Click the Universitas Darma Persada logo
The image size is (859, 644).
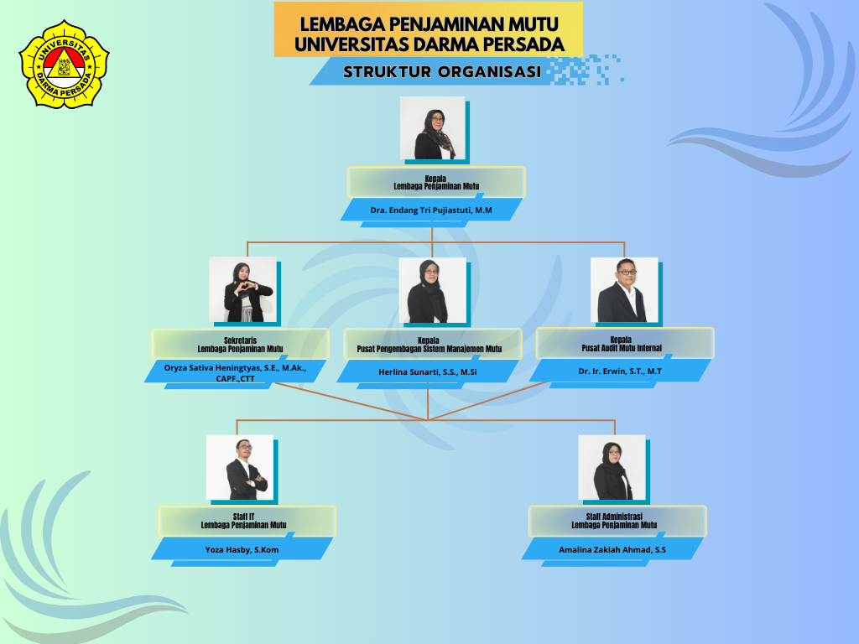click(x=64, y=64)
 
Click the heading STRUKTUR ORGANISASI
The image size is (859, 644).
click(x=442, y=72)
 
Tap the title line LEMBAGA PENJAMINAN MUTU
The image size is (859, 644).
click(x=429, y=24)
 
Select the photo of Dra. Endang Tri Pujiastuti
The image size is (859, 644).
click(x=432, y=128)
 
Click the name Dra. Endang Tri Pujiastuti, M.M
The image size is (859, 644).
click(x=431, y=210)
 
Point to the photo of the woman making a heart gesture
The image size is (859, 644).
click(x=242, y=289)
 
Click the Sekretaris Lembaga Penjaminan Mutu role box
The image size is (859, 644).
click(x=241, y=345)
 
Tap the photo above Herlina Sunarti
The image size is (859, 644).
click(x=433, y=290)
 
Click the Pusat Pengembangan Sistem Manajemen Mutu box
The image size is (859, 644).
click(x=433, y=345)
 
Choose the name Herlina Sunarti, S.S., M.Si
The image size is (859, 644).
click(x=427, y=372)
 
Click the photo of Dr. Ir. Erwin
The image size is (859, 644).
click(x=624, y=289)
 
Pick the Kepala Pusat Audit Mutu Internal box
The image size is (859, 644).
click(x=624, y=343)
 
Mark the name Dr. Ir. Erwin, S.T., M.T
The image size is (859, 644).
click(x=620, y=371)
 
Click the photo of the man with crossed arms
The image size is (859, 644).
click(x=240, y=467)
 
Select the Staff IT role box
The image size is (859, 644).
click(x=247, y=521)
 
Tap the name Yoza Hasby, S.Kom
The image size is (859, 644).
click(x=242, y=550)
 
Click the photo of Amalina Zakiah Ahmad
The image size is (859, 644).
click(x=612, y=467)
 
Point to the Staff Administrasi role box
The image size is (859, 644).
click(x=617, y=521)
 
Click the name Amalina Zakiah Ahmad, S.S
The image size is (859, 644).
click(x=612, y=550)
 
